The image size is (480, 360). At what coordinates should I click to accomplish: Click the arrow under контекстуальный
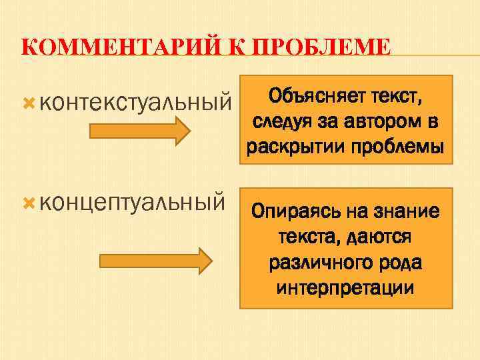141,130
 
